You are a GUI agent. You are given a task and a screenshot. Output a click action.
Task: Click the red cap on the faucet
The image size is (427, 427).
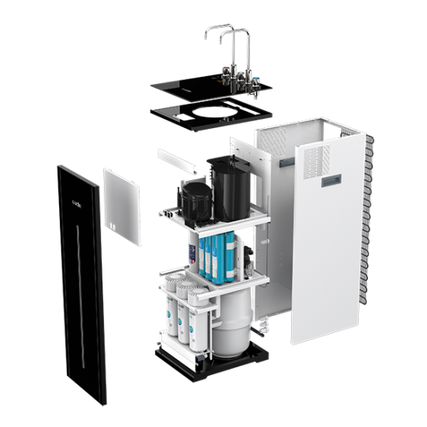224,74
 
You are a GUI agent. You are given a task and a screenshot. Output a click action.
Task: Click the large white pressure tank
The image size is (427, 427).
231,319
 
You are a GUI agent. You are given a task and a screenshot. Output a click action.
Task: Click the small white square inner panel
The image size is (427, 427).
123,207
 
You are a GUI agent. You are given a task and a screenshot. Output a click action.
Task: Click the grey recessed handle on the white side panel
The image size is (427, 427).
332,179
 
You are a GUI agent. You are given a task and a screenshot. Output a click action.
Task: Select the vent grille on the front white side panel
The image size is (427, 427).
316,159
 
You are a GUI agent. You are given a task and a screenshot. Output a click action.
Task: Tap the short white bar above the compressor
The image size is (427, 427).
179,161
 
